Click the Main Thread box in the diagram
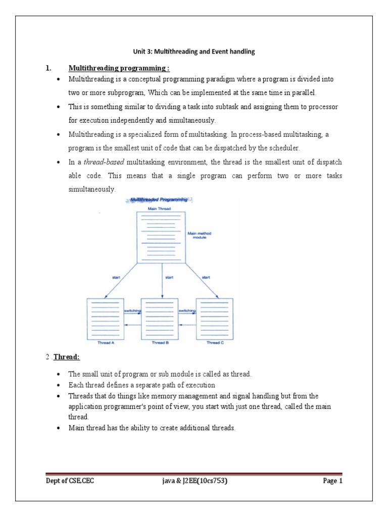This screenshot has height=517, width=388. click(x=161, y=237)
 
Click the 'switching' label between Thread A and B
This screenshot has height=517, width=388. click(x=132, y=311)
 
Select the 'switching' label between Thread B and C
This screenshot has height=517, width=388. click(x=187, y=311)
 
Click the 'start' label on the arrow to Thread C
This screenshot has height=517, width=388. click(x=206, y=277)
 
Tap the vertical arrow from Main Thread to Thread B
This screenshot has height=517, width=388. click(x=162, y=283)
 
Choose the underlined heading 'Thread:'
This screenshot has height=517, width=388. click(x=67, y=357)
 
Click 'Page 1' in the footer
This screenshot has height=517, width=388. click(x=332, y=481)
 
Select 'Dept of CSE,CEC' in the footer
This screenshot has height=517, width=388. click(x=70, y=481)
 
